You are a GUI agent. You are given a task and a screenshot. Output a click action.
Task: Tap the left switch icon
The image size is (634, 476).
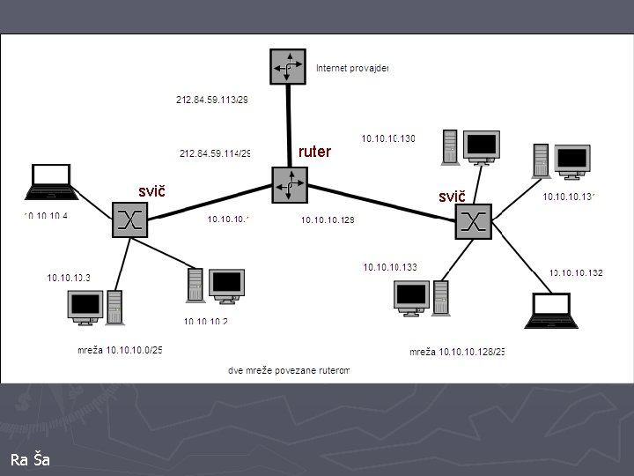[x=130, y=219]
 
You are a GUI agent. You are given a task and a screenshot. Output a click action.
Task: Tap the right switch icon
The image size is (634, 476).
[x=474, y=221]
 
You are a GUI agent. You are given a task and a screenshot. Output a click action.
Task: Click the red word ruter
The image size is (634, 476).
[x=315, y=152]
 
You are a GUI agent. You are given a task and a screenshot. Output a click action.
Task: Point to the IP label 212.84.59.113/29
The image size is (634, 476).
[x=212, y=100]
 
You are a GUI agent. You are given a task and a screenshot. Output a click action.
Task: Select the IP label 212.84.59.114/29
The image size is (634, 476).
[x=215, y=154]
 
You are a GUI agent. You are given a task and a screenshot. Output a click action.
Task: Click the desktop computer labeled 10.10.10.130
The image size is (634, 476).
[x=471, y=147]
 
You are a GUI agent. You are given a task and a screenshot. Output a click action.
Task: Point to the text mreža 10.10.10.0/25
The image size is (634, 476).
[x=120, y=350]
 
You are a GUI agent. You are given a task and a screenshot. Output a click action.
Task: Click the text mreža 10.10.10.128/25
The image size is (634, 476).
[x=457, y=352]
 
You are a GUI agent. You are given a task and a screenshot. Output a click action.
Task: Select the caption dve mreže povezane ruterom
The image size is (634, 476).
[x=289, y=370]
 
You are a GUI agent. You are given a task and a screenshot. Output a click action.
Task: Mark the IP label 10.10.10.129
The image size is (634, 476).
[x=328, y=219]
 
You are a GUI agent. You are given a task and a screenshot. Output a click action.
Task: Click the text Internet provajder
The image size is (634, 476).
[x=352, y=68]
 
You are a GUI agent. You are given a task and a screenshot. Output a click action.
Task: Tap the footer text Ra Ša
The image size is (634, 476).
[x=30, y=459]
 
